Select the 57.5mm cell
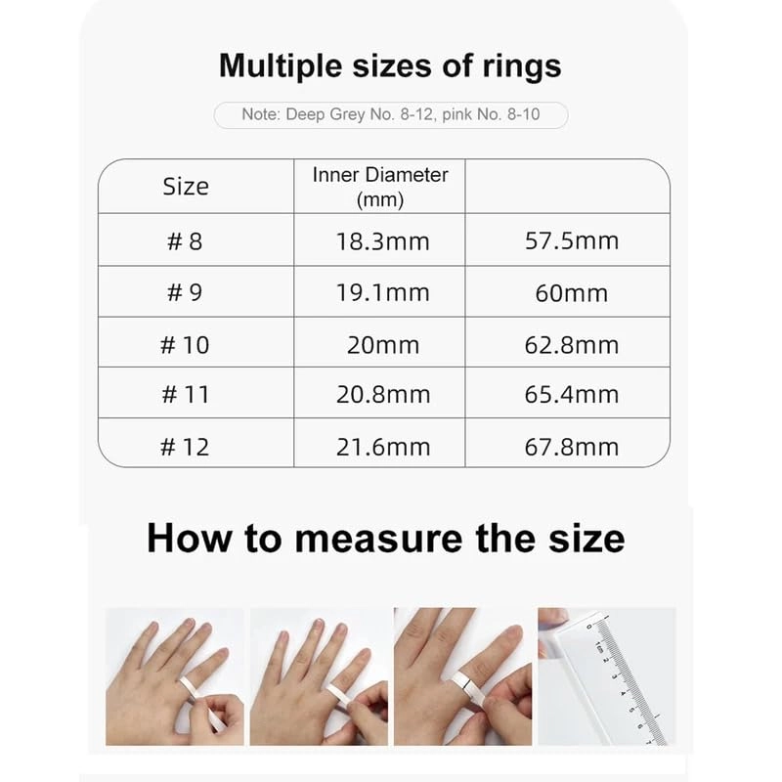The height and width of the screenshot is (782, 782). coord(572,240)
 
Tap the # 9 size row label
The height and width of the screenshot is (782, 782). coord(185,292)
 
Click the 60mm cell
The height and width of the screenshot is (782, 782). coord(572,292)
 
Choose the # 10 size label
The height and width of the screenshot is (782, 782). coord(185,344)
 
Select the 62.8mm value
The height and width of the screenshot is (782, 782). coord(572,344)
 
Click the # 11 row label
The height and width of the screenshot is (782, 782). coord(185,395)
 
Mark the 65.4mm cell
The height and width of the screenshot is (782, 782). coord(572,395)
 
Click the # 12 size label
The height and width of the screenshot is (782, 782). coord(185,447)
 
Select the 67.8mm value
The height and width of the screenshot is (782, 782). coord(572,447)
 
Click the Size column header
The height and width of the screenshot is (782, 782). coord(186,186)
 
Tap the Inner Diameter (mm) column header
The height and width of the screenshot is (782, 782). coord(380,187)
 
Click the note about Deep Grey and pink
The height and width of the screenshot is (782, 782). coord(391,115)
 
